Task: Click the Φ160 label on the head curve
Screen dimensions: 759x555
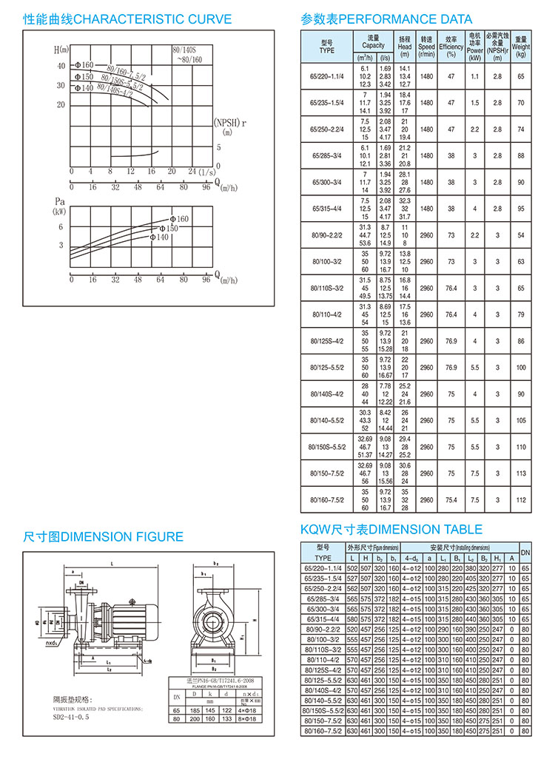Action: coord(82,66)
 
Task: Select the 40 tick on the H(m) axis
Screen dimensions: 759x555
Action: coord(62,67)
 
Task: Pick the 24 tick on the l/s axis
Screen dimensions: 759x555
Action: coord(191,172)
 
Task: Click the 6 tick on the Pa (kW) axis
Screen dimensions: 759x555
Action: coord(62,227)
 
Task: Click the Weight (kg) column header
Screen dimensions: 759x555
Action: coord(521,46)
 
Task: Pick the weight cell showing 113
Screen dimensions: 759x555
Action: coord(521,473)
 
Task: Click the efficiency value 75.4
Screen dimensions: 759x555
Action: coord(451,499)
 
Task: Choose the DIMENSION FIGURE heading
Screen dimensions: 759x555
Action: coord(103,536)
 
